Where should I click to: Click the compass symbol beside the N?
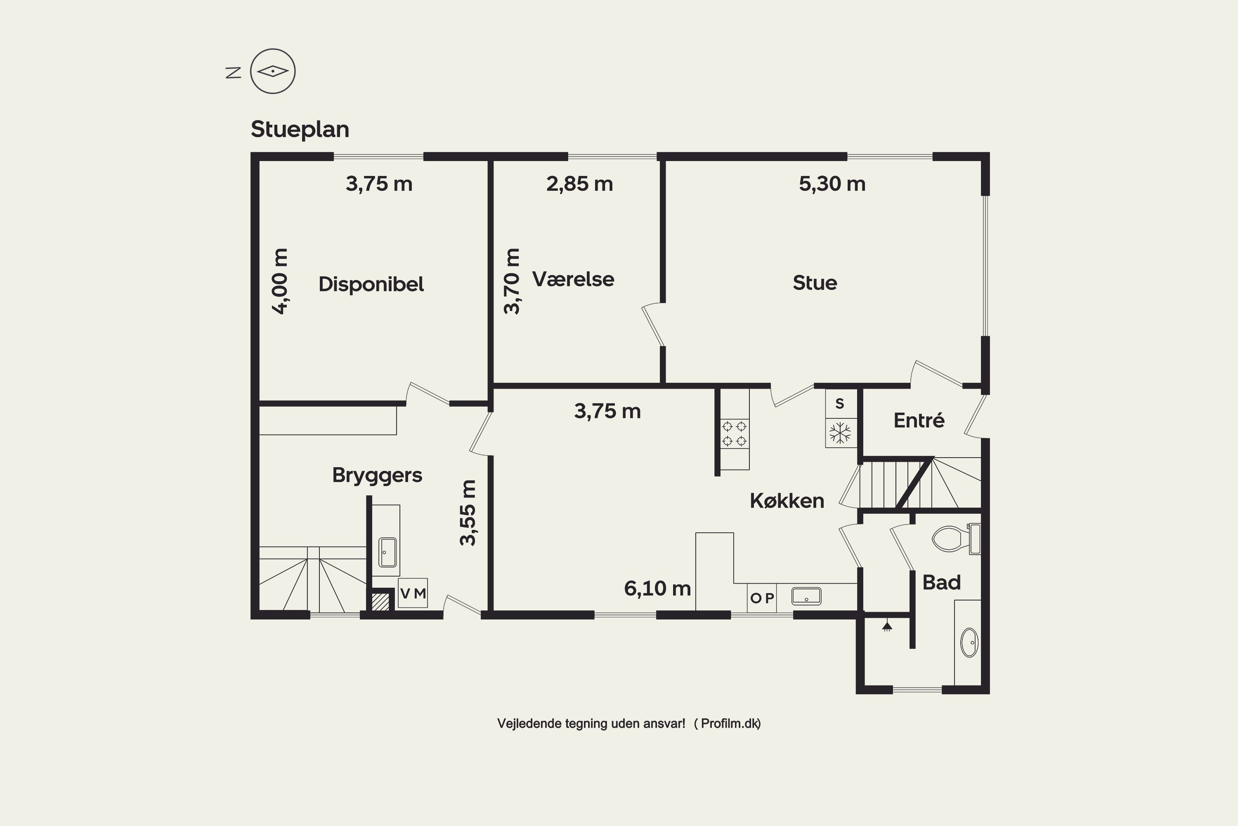pos(273,71)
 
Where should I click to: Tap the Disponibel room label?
pos(371,285)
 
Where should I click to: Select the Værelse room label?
pos(573,279)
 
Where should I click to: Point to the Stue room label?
pos(815,283)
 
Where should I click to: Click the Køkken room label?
pos(787,501)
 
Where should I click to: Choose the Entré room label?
pos(919,420)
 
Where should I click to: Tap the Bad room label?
pos(942,583)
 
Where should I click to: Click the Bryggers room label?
pos(377,476)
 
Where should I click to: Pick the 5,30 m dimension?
pos(832,184)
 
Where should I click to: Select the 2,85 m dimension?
pos(579,184)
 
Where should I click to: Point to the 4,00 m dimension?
pos(280,281)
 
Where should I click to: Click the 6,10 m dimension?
pos(657,589)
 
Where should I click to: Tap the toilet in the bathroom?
pos(955,539)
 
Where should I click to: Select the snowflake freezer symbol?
pos(840,433)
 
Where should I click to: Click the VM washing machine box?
pos(413,593)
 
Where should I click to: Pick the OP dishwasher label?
pos(762,598)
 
